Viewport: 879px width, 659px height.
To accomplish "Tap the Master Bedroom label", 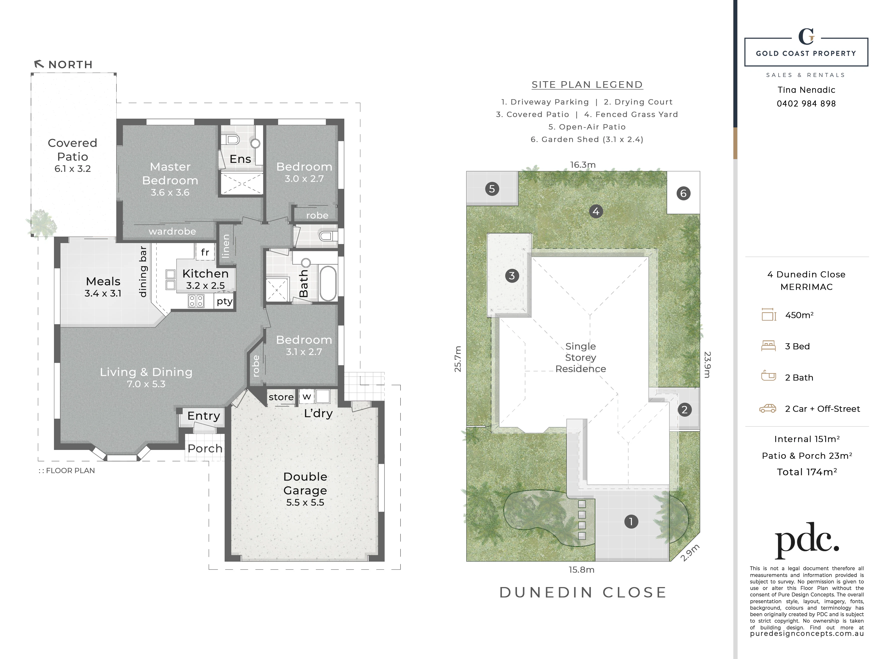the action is point(170,174).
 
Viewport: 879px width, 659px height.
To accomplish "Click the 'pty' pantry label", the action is point(225,301).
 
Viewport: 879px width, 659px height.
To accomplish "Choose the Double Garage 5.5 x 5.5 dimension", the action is point(305,502).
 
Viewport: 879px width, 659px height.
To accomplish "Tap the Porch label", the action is point(205,448).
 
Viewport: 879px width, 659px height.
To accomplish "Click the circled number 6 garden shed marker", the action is point(684,193).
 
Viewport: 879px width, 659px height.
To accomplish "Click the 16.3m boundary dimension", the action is point(583,165).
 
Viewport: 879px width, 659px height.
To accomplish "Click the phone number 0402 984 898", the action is point(806,104).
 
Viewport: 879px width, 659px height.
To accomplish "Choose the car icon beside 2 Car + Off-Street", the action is point(768,408).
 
